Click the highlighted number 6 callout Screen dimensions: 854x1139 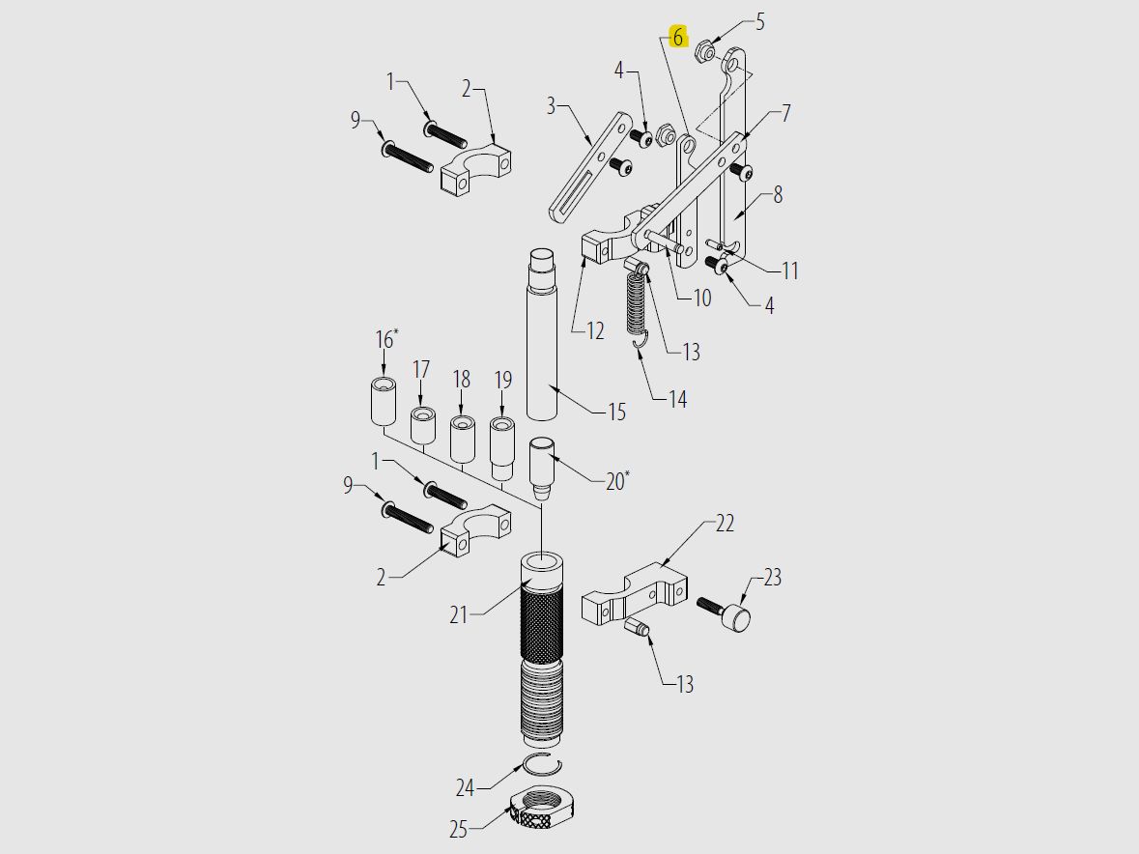click(x=678, y=37)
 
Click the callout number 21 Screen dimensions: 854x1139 click(x=460, y=613)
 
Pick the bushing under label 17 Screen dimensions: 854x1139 click(x=421, y=426)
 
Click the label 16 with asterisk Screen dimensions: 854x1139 click(x=385, y=339)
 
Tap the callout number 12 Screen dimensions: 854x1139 click(x=595, y=330)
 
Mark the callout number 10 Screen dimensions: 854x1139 click(x=701, y=298)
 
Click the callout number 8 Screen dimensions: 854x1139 click(x=778, y=195)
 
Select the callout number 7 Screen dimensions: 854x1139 click(x=785, y=113)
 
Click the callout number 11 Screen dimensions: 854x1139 click(x=789, y=270)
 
